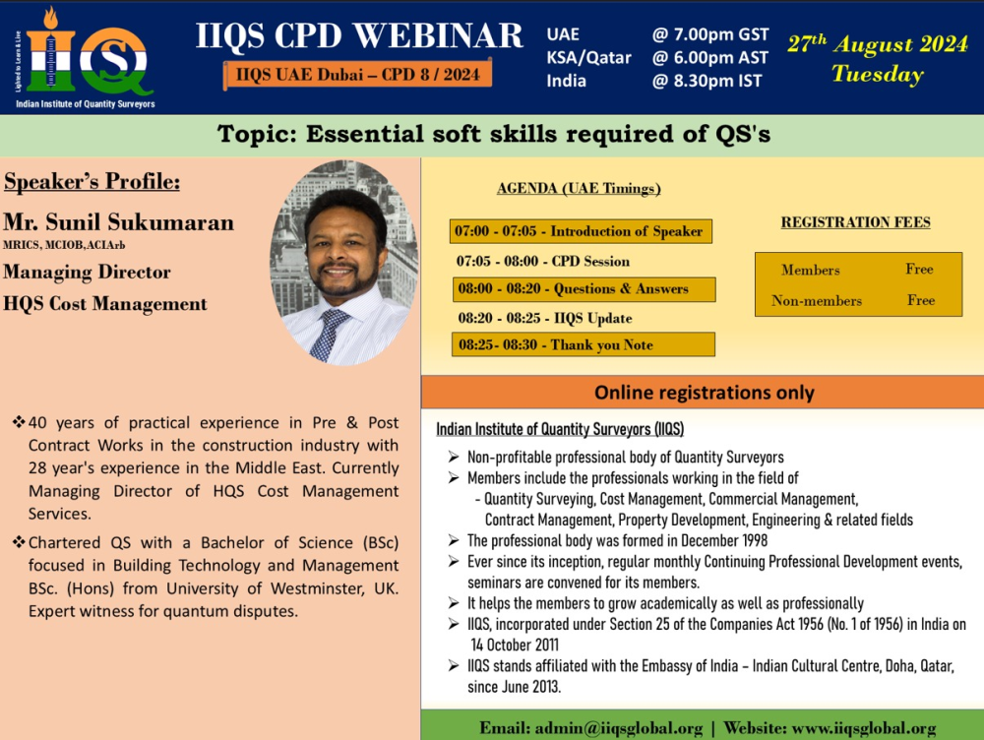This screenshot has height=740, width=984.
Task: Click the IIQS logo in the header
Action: [x=85, y=58]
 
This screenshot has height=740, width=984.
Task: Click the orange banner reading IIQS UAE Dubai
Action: [x=358, y=75]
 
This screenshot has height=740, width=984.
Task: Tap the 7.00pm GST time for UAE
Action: [x=710, y=34]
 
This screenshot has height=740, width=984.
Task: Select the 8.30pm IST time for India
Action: [x=707, y=81]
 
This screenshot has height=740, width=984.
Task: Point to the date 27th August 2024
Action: [x=878, y=44]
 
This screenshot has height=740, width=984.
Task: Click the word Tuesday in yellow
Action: [x=878, y=74]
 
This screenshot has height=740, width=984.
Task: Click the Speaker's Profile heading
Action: [x=92, y=182]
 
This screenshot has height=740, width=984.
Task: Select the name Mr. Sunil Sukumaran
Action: [x=119, y=222]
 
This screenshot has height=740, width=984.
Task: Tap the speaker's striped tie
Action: [x=329, y=335]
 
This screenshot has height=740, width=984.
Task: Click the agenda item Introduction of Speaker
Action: [x=581, y=231]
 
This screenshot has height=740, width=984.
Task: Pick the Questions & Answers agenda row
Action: [x=584, y=289]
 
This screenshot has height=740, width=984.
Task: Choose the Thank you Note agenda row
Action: [x=583, y=344]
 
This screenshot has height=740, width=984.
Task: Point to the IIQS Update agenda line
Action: [x=545, y=318]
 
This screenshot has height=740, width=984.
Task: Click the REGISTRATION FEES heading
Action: [x=855, y=222]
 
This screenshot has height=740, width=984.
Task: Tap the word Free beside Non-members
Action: [x=921, y=300]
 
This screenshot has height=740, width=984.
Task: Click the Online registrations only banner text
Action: [x=705, y=393]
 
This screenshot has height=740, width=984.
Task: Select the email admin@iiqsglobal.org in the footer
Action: [x=618, y=728]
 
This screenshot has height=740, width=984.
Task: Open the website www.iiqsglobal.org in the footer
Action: [x=864, y=728]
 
